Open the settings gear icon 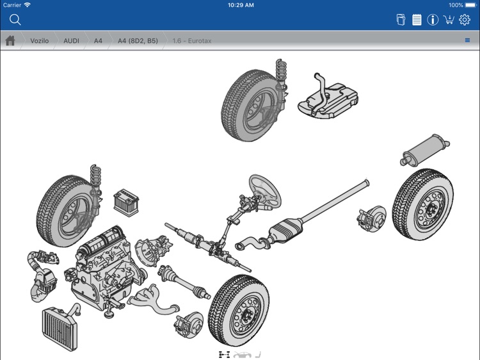click(465, 20)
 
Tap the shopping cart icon click(449, 20)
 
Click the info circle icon click(433, 20)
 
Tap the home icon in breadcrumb click(10, 41)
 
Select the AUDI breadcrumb click(71, 41)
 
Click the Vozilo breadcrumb click(40, 41)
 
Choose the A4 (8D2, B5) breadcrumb click(137, 41)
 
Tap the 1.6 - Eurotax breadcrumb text click(192, 41)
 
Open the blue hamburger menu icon click(467, 41)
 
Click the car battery click(126, 200)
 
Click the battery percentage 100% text click(456, 4)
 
